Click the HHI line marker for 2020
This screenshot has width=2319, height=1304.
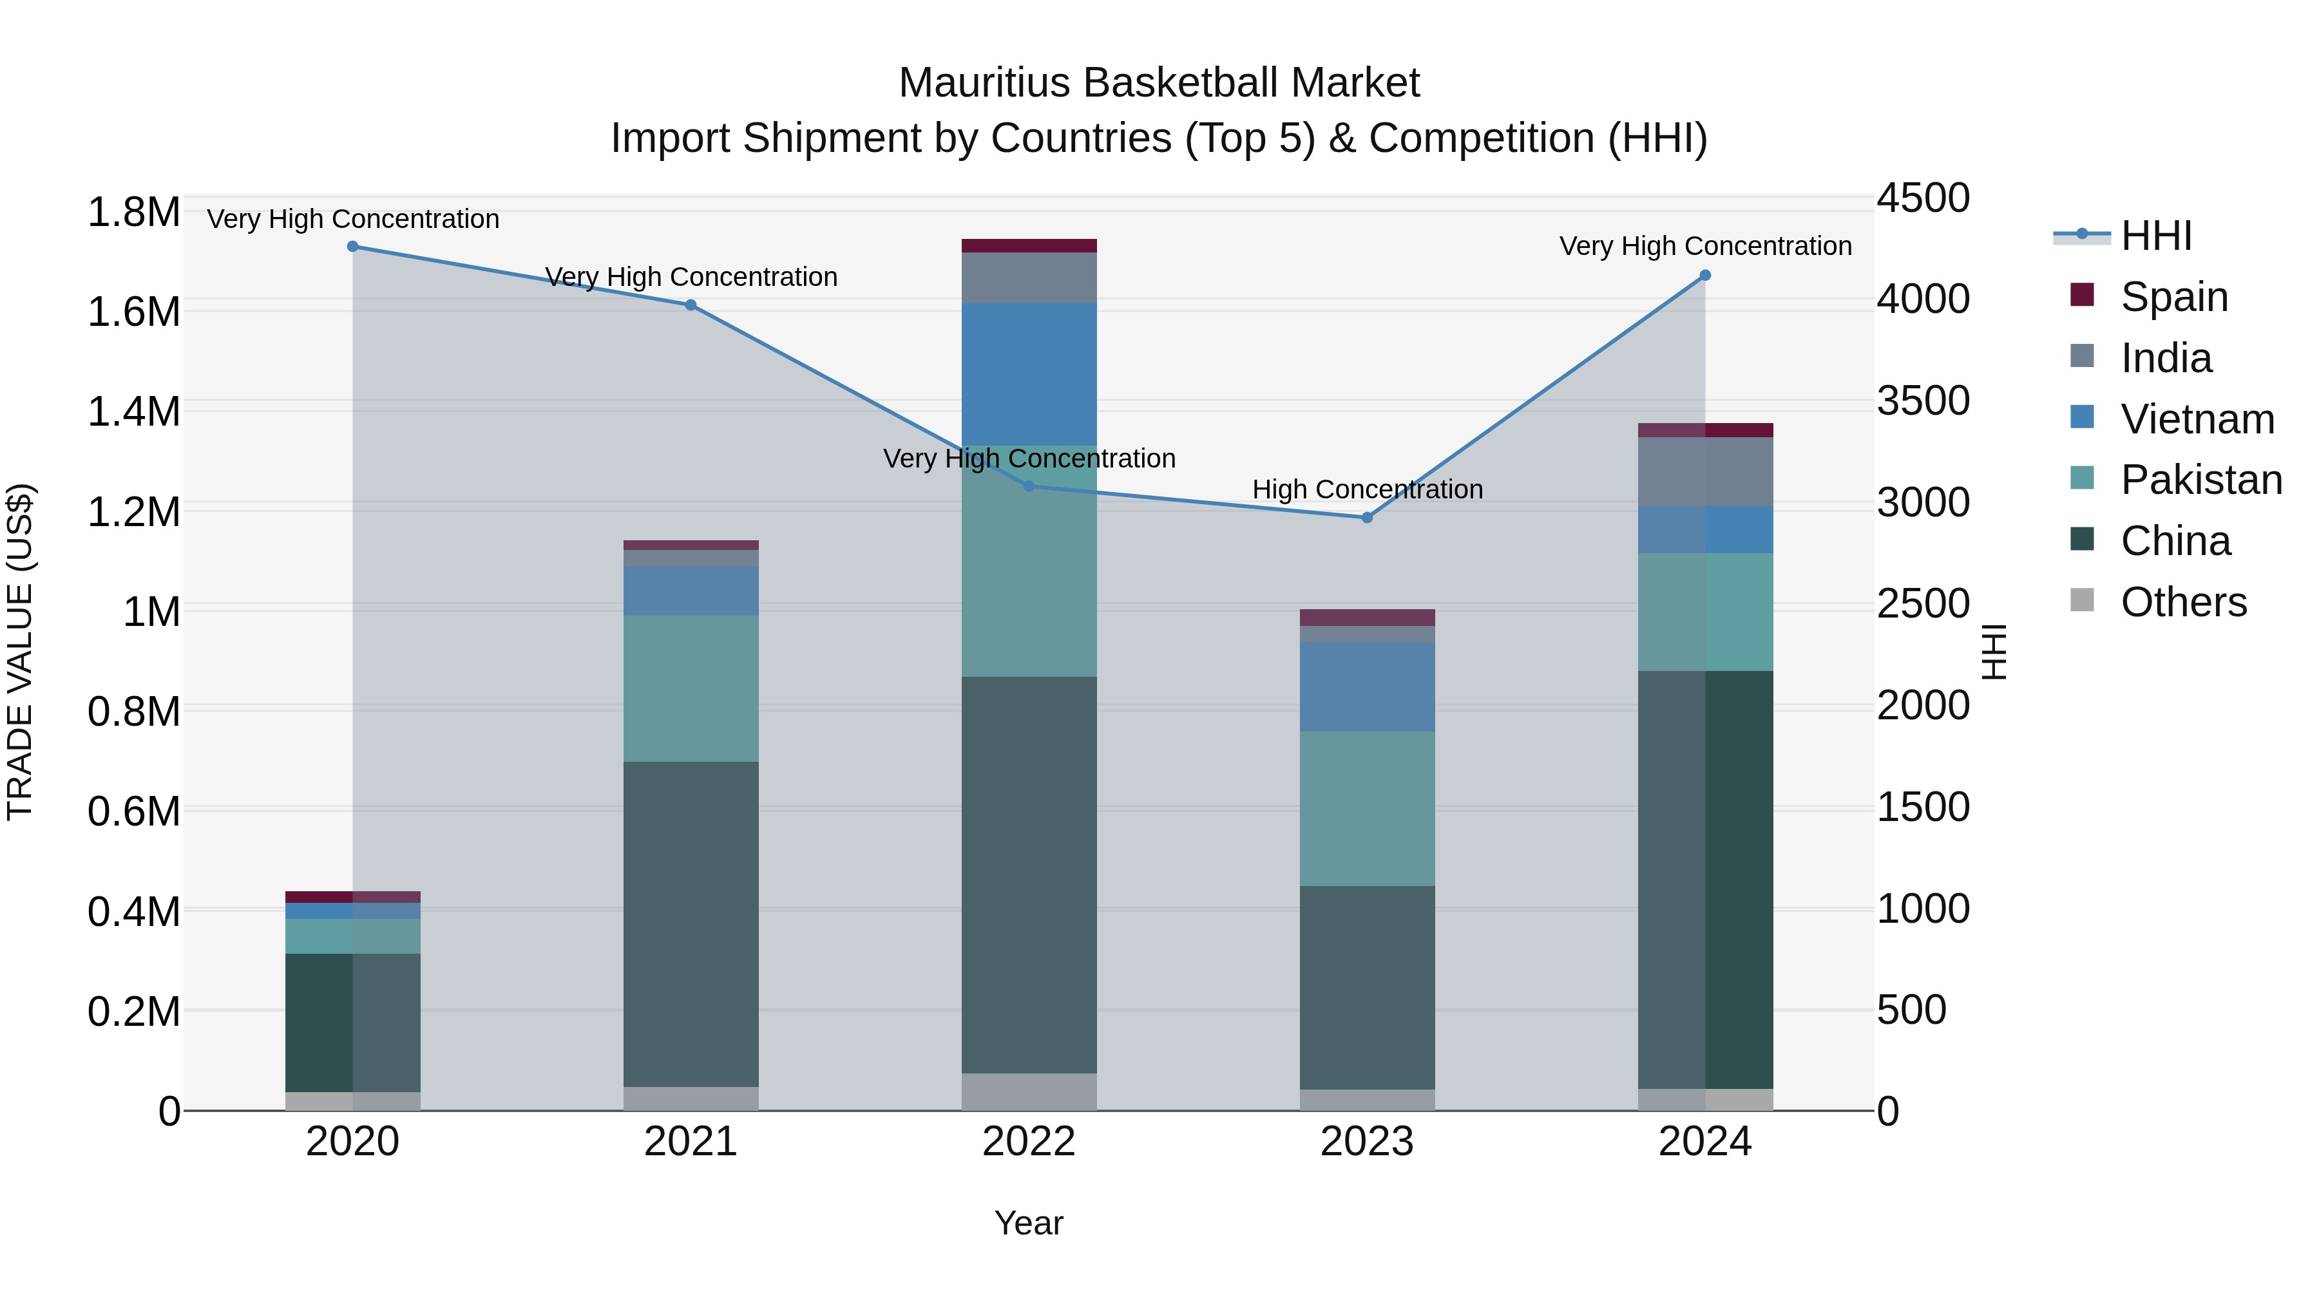pyautogui.click(x=353, y=247)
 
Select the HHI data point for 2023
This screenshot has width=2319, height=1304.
pyautogui.click(x=1366, y=518)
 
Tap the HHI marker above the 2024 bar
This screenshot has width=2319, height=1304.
pyautogui.click(x=1705, y=276)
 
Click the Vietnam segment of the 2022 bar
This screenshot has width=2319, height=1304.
pyautogui.click(x=1029, y=374)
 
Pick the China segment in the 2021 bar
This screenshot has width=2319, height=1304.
pyautogui.click(x=691, y=923)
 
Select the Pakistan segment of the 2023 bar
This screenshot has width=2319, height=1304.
pyautogui.click(x=1366, y=808)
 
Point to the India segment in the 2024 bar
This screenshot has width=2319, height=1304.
pyautogui.click(x=1705, y=471)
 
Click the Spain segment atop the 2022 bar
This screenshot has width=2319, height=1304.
pyautogui.click(x=1029, y=246)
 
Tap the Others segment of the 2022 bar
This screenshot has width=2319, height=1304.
pyautogui.click(x=1029, y=1091)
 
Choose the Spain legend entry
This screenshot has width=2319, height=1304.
pyautogui.click(x=2173, y=297)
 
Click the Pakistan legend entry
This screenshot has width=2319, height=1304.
pyautogui.click(x=2200, y=480)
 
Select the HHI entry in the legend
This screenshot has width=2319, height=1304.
pyautogui.click(x=2155, y=236)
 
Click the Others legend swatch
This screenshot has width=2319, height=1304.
pyautogui.click(x=2082, y=600)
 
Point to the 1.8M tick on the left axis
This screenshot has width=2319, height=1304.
pyautogui.click(x=133, y=213)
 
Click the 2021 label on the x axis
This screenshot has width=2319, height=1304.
pyautogui.click(x=691, y=1142)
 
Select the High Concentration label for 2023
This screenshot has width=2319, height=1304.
pyautogui.click(x=1366, y=489)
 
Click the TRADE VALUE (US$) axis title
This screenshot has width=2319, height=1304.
pyautogui.click(x=20, y=652)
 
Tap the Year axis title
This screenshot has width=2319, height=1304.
pyautogui.click(x=1028, y=1223)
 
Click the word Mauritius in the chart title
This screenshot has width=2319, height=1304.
pyautogui.click(x=984, y=83)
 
